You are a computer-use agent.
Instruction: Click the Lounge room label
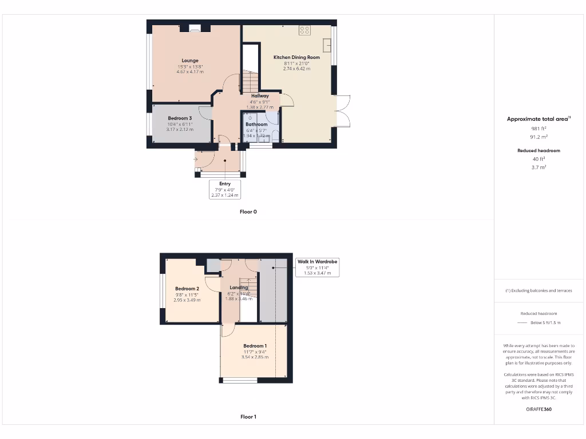pyautogui.click(x=190, y=61)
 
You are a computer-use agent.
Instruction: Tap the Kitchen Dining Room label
pyautogui.click(x=296, y=57)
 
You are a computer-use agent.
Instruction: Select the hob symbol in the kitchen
pyautogui.click(x=304, y=30)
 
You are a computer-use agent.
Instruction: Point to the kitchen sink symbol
pyautogui.click(x=327, y=45)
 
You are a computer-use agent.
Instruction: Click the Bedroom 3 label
pyautogui.click(x=180, y=118)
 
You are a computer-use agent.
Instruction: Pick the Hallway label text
pyautogui.click(x=260, y=96)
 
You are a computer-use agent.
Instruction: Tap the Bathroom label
pyautogui.click(x=256, y=124)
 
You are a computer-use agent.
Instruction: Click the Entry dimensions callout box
pyautogui.click(x=224, y=189)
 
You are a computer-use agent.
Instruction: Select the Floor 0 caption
pyautogui.click(x=248, y=211)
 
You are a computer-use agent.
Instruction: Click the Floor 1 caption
pyautogui.click(x=248, y=417)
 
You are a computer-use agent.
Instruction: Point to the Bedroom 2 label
pyautogui.click(x=187, y=289)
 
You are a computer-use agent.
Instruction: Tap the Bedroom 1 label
pyautogui.click(x=255, y=346)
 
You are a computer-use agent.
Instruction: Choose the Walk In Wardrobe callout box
pyautogui.click(x=317, y=267)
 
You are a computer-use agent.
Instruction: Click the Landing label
pyautogui.click(x=239, y=288)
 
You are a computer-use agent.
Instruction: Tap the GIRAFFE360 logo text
pyautogui.click(x=539, y=409)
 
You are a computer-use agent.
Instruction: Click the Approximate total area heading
pyautogui.click(x=538, y=119)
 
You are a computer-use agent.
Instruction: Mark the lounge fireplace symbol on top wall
pyautogui.click(x=195, y=27)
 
